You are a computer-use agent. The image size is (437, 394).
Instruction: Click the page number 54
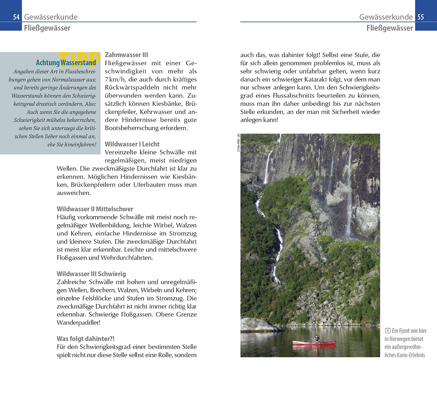[16, 17]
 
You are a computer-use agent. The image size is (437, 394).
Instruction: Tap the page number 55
[420, 17]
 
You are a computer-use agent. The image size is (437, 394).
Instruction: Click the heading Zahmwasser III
[126, 55]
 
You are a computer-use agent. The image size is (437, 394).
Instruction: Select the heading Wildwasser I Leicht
[132, 144]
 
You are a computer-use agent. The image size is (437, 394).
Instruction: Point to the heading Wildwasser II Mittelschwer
[95, 209]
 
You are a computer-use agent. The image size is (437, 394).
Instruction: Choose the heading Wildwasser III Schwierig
[91, 274]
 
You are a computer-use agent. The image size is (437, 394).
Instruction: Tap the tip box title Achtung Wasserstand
[66, 63]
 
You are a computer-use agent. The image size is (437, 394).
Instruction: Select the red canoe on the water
[314, 344]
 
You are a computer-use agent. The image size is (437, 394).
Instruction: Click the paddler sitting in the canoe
[316, 338]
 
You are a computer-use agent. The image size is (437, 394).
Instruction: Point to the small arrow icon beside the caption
[387, 331]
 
